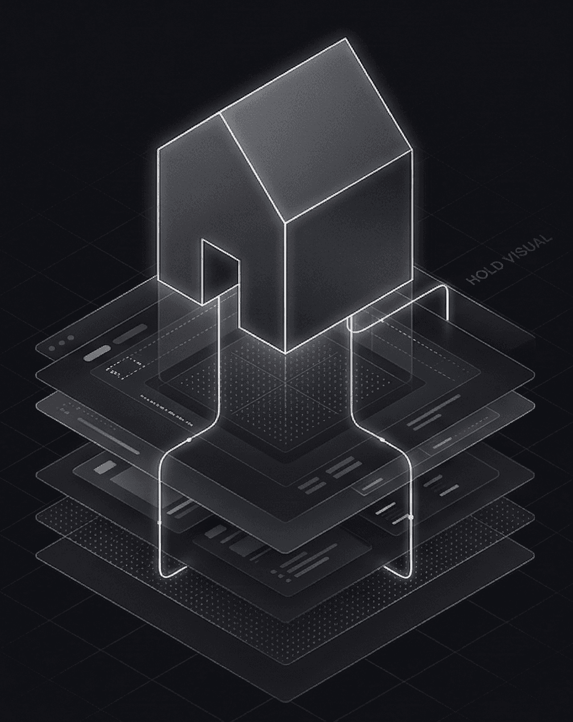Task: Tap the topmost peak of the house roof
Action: pyautogui.click(x=346, y=39)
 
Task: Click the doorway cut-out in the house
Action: pyautogui.click(x=220, y=272)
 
